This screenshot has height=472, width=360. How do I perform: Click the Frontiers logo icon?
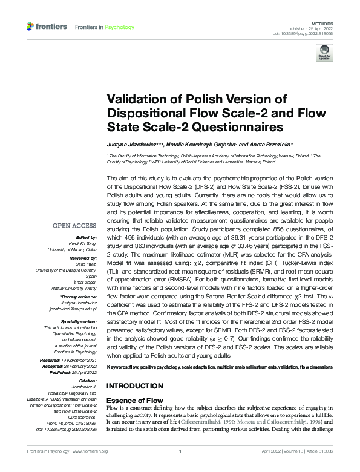tap(31, 27)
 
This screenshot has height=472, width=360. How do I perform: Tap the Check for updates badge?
tap(324, 53)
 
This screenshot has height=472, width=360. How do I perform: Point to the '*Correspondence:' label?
tap(79, 298)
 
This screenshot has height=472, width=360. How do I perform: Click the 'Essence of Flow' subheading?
tap(135, 401)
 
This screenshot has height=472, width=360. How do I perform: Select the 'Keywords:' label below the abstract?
tap(119, 368)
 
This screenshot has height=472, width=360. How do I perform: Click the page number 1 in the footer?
tap(180, 451)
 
